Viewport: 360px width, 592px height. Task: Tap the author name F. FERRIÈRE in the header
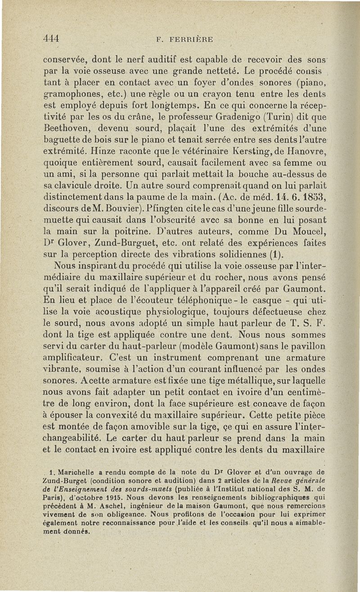[x=184, y=39]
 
